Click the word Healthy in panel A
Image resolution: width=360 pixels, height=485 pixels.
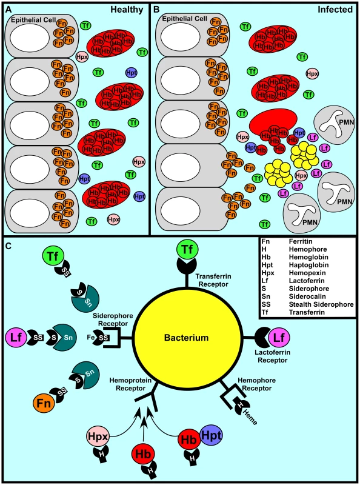(x=127, y=10)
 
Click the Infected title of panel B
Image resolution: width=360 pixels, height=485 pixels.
(x=335, y=10)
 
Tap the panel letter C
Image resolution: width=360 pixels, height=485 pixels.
(x=8, y=246)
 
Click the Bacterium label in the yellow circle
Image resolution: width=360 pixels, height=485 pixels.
(x=186, y=338)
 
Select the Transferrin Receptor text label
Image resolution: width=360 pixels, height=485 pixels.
(x=213, y=280)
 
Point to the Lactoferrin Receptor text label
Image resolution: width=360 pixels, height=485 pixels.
(x=273, y=356)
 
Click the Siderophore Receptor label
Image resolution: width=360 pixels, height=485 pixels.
(x=113, y=320)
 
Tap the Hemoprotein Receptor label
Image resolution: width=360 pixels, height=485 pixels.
(x=130, y=384)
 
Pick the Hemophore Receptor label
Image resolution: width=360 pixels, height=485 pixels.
(x=257, y=384)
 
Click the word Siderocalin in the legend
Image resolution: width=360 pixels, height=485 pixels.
(x=307, y=296)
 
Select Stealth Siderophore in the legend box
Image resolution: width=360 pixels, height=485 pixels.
(x=321, y=304)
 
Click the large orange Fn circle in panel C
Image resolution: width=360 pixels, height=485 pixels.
(x=44, y=403)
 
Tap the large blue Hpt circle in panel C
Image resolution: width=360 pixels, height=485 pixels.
(x=212, y=435)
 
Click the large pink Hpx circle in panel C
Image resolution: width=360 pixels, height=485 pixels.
(x=98, y=436)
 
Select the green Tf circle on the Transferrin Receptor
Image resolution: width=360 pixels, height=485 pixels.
(x=187, y=249)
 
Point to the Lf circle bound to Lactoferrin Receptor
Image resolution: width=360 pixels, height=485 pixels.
(x=279, y=338)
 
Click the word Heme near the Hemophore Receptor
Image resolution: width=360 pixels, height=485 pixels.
(x=250, y=417)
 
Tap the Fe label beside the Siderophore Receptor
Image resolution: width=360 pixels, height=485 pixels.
(x=91, y=337)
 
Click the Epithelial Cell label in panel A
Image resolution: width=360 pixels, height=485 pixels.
(x=33, y=20)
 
